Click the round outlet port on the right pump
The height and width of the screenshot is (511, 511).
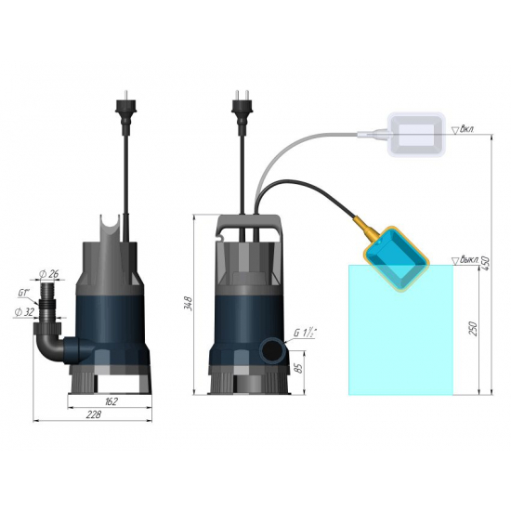click(273, 350)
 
